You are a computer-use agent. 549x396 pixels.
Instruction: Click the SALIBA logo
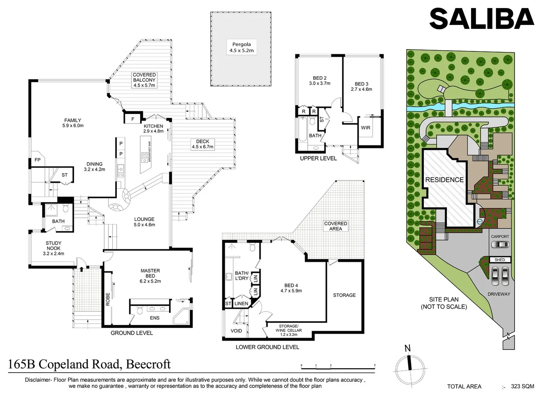pos(481,19)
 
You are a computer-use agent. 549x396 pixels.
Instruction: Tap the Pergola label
pos(241,47)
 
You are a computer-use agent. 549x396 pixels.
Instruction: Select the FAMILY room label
pos(73,123)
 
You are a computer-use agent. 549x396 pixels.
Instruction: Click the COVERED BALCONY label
pos(144,80)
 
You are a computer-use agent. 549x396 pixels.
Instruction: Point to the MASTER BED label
pos(150,276)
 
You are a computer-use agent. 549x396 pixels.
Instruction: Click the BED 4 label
pos(291,288)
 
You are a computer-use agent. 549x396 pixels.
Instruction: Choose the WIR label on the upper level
pos(366,128)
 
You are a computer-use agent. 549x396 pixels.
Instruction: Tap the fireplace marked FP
pos(37,160)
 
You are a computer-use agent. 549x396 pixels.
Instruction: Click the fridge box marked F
pos(133,119)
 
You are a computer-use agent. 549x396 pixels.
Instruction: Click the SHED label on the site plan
pos(500,260)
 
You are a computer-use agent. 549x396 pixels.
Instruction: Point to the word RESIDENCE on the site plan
pos(444,180)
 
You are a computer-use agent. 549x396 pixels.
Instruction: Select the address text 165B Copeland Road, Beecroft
pos(89,364)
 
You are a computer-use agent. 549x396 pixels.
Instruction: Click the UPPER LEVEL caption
pos(318,158)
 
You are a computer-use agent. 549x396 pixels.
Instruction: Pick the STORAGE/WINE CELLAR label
pos(289,330)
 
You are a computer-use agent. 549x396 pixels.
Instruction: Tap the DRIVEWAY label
pos(499,294)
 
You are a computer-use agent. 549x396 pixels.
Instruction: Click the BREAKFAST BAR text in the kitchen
pos(149,152)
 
